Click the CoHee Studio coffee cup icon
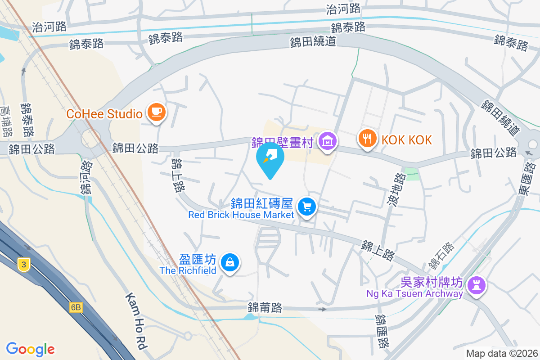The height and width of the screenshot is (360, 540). [x=156, y=112]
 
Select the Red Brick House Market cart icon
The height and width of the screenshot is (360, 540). [x=307, y=207]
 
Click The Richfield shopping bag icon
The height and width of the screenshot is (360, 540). [x=230, y=262]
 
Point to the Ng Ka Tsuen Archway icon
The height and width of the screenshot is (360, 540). [x=476, y=285]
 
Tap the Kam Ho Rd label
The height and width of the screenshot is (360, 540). [x=136, y=321]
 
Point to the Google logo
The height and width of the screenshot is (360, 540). [x=30, y=349]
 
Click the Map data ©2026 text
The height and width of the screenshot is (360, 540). [x=501, y=354]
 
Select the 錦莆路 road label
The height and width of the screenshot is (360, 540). [x=265, y=308]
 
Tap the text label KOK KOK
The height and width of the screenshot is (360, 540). [x=407, y=139]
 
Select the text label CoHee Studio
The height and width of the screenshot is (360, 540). [x=104, y=114]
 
